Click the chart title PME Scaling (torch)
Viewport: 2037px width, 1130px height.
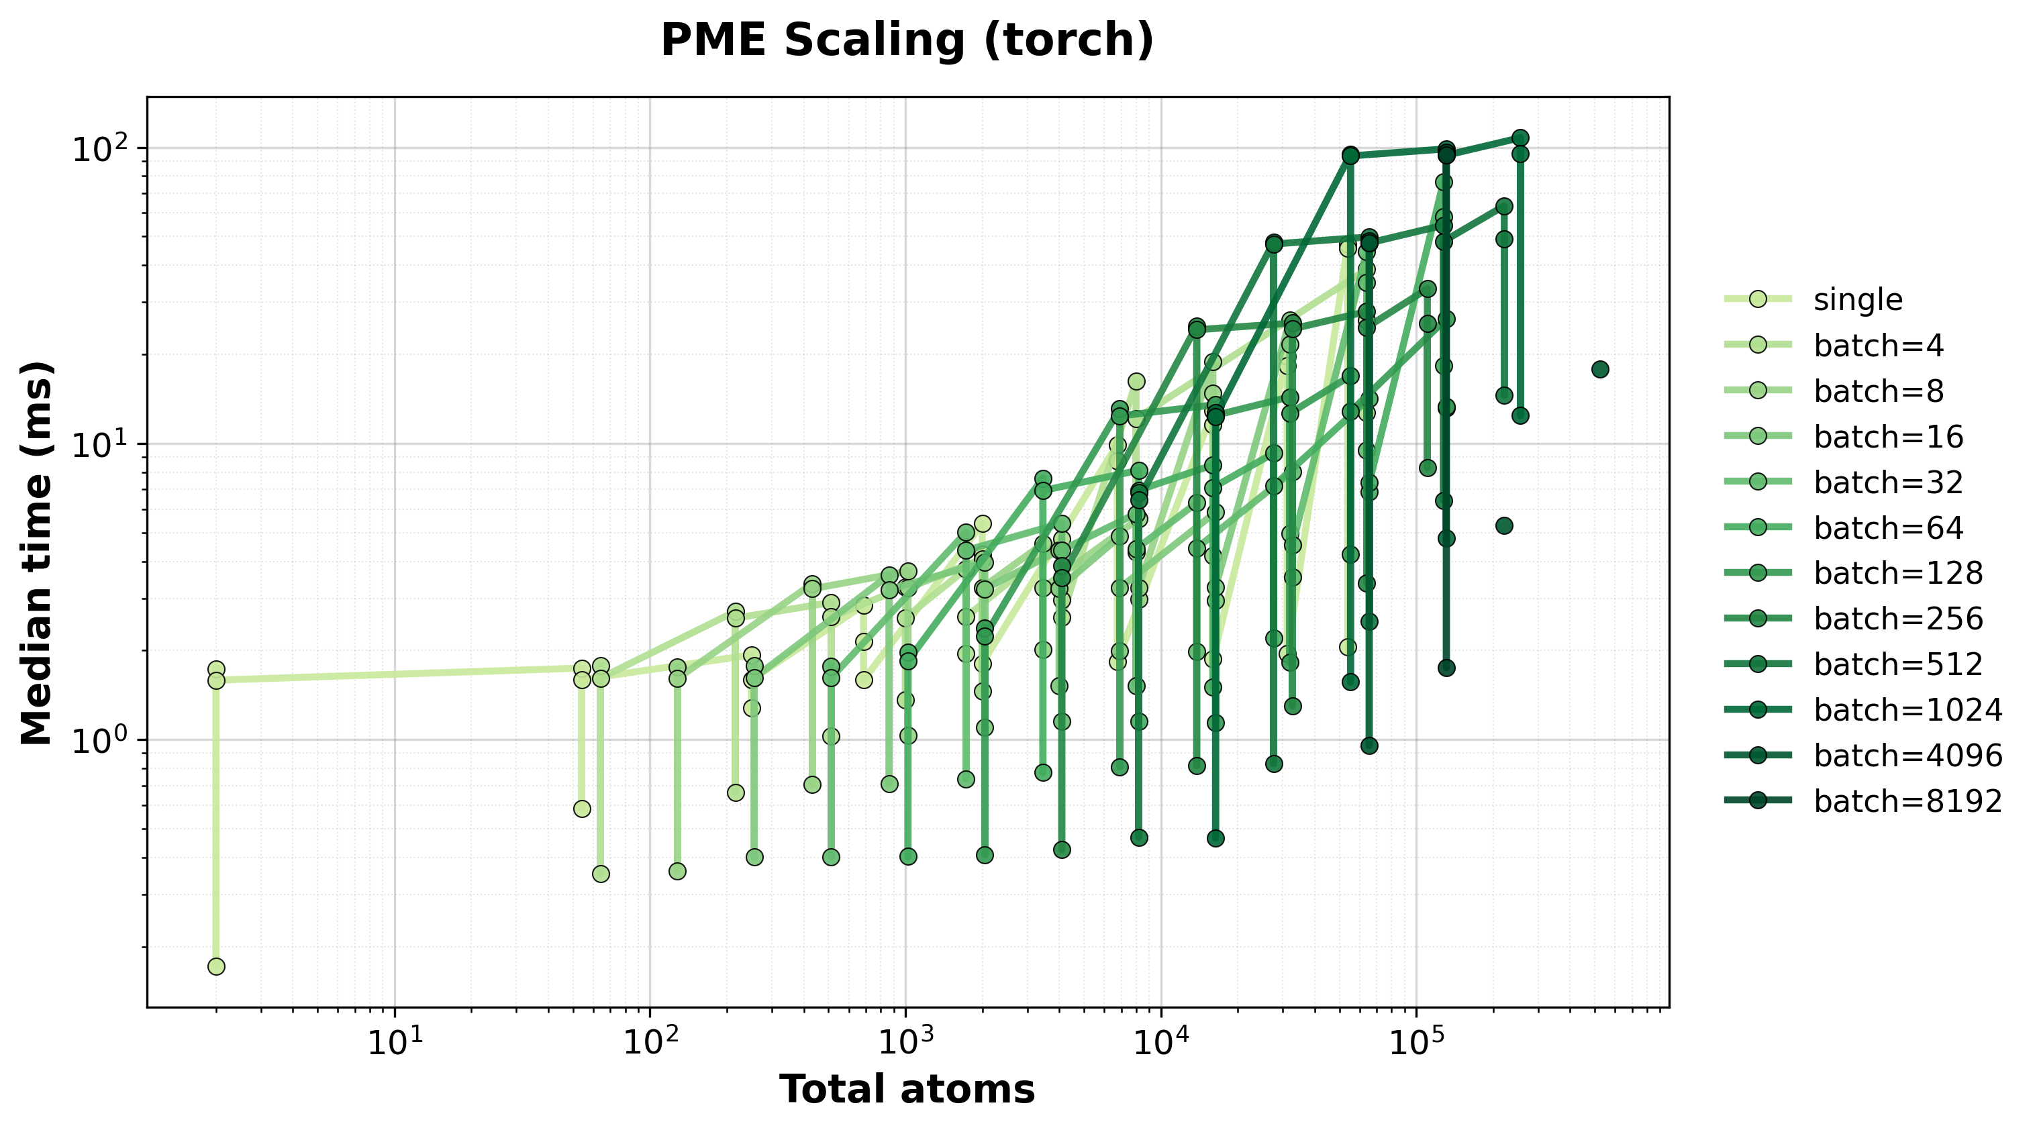click(907, 41)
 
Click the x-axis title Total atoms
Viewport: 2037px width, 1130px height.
click(907, 1089)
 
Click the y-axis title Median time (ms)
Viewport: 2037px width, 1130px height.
click(37, 553)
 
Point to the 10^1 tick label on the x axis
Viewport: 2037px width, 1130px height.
click(394, 1044)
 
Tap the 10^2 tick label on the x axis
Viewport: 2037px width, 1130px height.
click(649, 1044)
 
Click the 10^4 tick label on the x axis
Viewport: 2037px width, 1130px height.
click(1161, 1044)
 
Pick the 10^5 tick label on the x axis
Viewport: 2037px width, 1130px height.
click(1416, 1044)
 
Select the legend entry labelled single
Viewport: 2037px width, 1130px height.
click(1858, 300)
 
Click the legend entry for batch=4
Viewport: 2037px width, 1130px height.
click(1878, 346)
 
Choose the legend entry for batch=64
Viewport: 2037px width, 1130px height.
click(1889, 527)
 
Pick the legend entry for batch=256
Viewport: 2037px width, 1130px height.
click(1898, 619)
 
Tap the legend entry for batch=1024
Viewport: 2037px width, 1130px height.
click(1907, 710)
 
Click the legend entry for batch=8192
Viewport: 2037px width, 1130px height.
click(1907, 801)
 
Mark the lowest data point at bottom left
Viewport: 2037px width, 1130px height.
click(216, 966)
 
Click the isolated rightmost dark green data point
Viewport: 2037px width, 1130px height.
click(1599, 369)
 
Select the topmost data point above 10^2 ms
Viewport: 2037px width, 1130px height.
click(1520, 138)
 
